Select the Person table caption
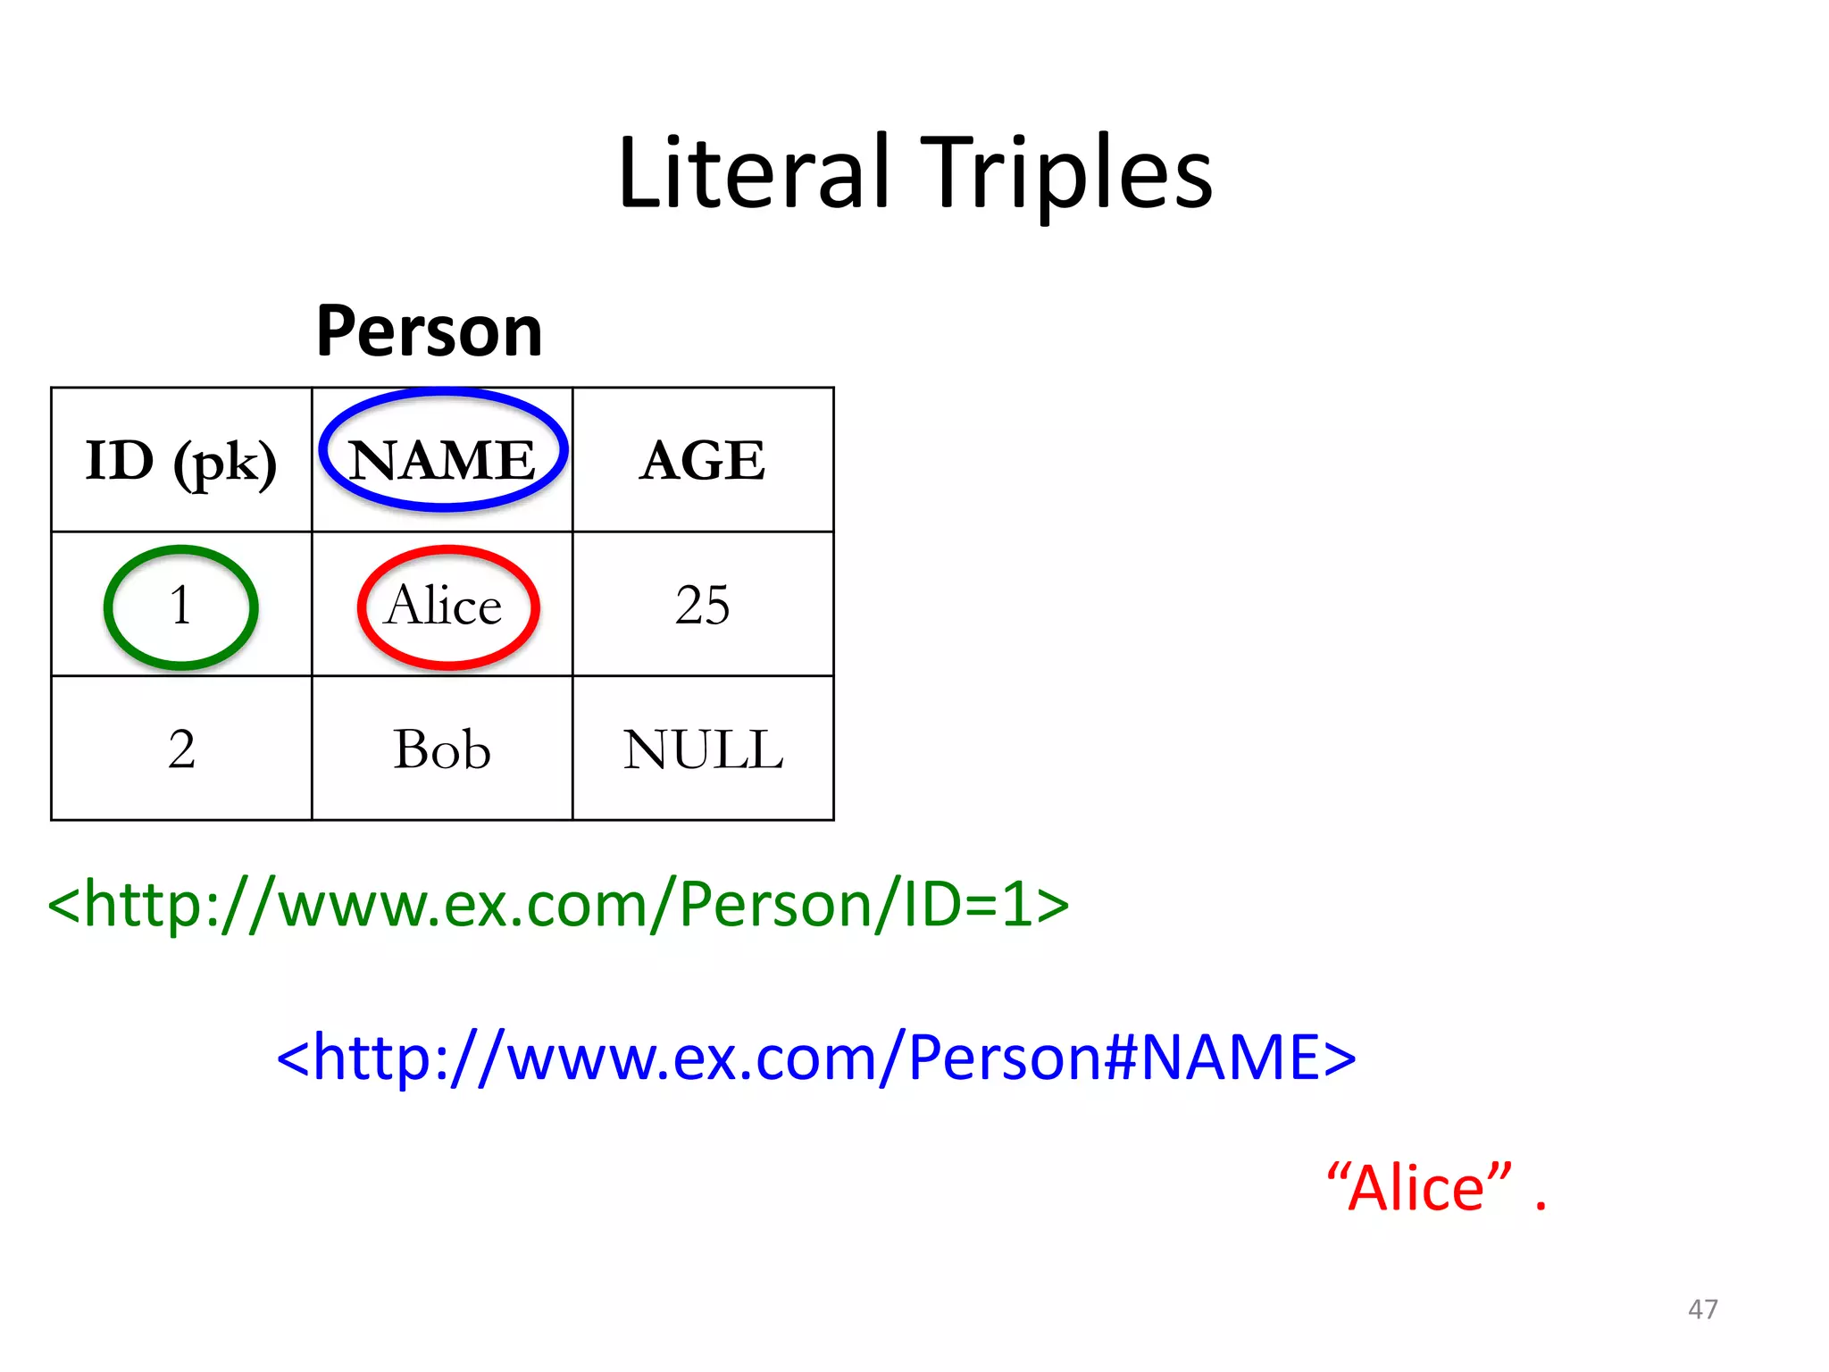[429, 330]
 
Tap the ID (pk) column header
[181, 461]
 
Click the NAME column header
[442, 461]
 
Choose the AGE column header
[703, 461]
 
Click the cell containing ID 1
[181, 606]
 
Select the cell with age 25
[703, 606]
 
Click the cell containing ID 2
[181, 749]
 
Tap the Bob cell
[442, 749]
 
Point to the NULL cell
[703, 749]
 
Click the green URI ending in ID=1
[558, 904]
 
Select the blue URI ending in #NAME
[816, 1057]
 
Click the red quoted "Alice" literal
[1420, 1188]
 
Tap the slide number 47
[1702, 1309]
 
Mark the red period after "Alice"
[1541, 1207]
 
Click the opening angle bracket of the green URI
[63, 906]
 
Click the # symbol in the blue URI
[1122, 1057]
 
